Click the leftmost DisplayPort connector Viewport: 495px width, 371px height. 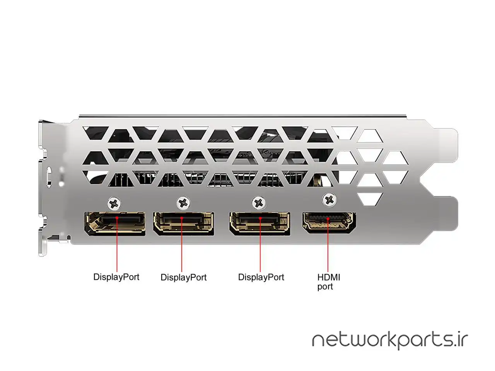(x=115, y=223)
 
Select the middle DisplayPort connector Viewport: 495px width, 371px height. (x=184, y=223)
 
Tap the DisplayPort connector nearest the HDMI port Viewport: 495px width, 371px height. (x=260, y=223)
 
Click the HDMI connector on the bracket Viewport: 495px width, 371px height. (x=329, y=223)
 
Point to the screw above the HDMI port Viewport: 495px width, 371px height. (x=330, y=199)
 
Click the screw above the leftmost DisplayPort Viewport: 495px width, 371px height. (x=114, y=203)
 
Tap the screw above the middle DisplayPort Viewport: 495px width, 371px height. (x=183, y=203)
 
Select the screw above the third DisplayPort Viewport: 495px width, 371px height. (x=259, y=203)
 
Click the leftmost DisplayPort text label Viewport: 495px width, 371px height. (x=116, y=277)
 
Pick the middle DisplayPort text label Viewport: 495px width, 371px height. (x=184, y=277)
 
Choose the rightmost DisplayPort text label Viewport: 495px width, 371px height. (x=261, y=277)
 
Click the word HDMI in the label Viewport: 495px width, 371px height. (x=329, y=277)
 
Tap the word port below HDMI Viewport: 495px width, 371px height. (x=325, y=287)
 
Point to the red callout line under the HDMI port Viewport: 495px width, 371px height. (x=328, y=245)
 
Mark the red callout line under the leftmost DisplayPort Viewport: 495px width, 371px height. (x=117, y=244)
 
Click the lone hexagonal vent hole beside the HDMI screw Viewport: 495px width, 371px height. (x=370, y=199)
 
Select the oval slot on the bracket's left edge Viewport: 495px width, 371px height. (x=49, y=177)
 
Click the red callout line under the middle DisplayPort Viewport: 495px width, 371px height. (x=182, y=245)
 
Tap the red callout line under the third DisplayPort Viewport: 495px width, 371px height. (x=260, y=245)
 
